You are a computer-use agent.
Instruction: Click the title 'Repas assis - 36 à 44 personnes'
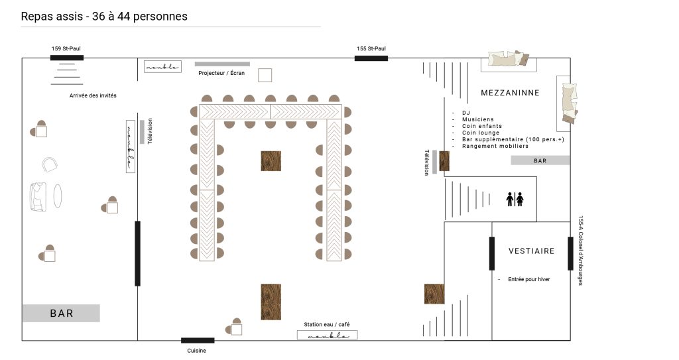click(x=104, y=17)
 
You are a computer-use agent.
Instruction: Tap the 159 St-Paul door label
click(x=66, y=48)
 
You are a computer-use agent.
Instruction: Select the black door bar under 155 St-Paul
click(x=371, y=58)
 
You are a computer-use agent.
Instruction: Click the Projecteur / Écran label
click(x=221, y=73)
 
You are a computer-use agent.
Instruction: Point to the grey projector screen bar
click(x=222, y=64)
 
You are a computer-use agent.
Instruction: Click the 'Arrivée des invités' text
click(x=93, y=95)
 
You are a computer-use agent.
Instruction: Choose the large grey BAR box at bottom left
click(x=62, y=313)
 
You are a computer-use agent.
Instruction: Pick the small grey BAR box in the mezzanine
click(x=540, y=160)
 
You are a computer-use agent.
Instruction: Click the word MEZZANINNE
click(x=510, y=93)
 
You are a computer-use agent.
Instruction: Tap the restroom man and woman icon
click(x=515, y=200)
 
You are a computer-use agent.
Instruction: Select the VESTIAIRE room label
click(x=531, y=251)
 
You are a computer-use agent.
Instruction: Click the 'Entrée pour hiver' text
click(x=528, y=279)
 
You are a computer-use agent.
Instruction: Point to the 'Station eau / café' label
click(x=326, y=324)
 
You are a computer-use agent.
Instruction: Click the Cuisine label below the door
click(x=196, y=351)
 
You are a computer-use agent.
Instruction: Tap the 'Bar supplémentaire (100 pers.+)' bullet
click(x=513, y=139)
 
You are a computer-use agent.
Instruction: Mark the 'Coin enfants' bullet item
click(x=482, y=126)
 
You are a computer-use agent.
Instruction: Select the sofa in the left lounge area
click(x=38, y=197)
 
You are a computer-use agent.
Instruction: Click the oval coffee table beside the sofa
click(x=58, y=196)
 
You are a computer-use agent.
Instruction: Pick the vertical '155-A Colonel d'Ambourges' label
click(x=581, y=251)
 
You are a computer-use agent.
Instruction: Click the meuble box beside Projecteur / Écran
click(x=162, y=67)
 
